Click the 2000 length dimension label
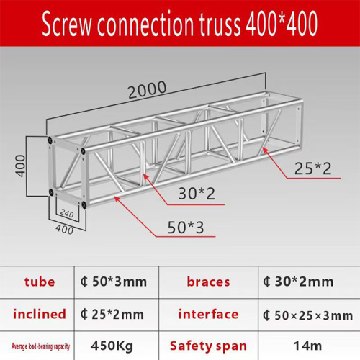(x=148, y=89)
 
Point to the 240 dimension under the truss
(x=68, y=214)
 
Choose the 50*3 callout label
(x=186, y=228)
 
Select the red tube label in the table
(x=38, y=282)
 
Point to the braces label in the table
(x=207, y=282)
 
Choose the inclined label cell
(x=38, y=314)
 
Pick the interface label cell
(x=207, y=314)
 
